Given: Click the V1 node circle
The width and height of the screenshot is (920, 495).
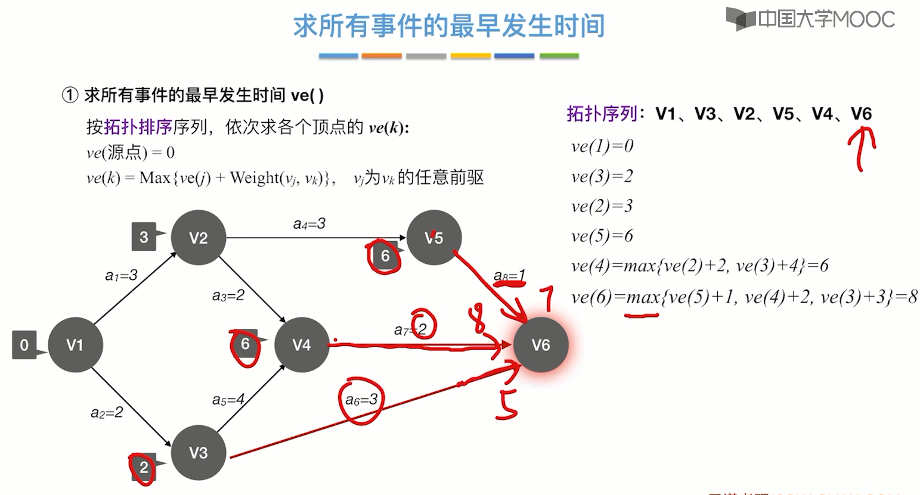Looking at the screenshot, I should coord(75,345).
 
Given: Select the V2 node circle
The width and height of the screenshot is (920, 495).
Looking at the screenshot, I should coord(198,238).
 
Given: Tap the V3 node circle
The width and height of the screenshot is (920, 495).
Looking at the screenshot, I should coord(198,453).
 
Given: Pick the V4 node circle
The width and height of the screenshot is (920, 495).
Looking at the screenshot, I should coord(302,345).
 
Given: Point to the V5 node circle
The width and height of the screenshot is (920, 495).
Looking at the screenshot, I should coord(434,238).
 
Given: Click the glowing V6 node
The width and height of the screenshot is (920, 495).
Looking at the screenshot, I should coord(541,345).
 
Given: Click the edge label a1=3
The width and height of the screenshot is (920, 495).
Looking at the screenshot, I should coord(121,275).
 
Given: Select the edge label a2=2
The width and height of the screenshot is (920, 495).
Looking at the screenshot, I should coord(107,412).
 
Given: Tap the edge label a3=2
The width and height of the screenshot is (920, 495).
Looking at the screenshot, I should coord(228,295).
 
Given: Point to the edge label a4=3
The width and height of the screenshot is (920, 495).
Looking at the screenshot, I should coord(309,224).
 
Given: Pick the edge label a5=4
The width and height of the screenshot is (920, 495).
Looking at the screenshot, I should coord(228,400).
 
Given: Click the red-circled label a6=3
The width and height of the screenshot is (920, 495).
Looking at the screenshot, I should coord(361,400).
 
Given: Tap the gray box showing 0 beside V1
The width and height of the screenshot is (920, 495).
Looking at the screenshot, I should coord(24,345).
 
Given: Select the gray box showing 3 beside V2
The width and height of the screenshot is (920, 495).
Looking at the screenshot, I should coord(144,237).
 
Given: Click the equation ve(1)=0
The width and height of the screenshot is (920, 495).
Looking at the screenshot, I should coord(602,146).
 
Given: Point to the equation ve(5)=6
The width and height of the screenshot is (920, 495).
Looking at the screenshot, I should coord(602,236).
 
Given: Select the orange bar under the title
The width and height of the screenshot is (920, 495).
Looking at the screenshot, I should coord(382,56).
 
